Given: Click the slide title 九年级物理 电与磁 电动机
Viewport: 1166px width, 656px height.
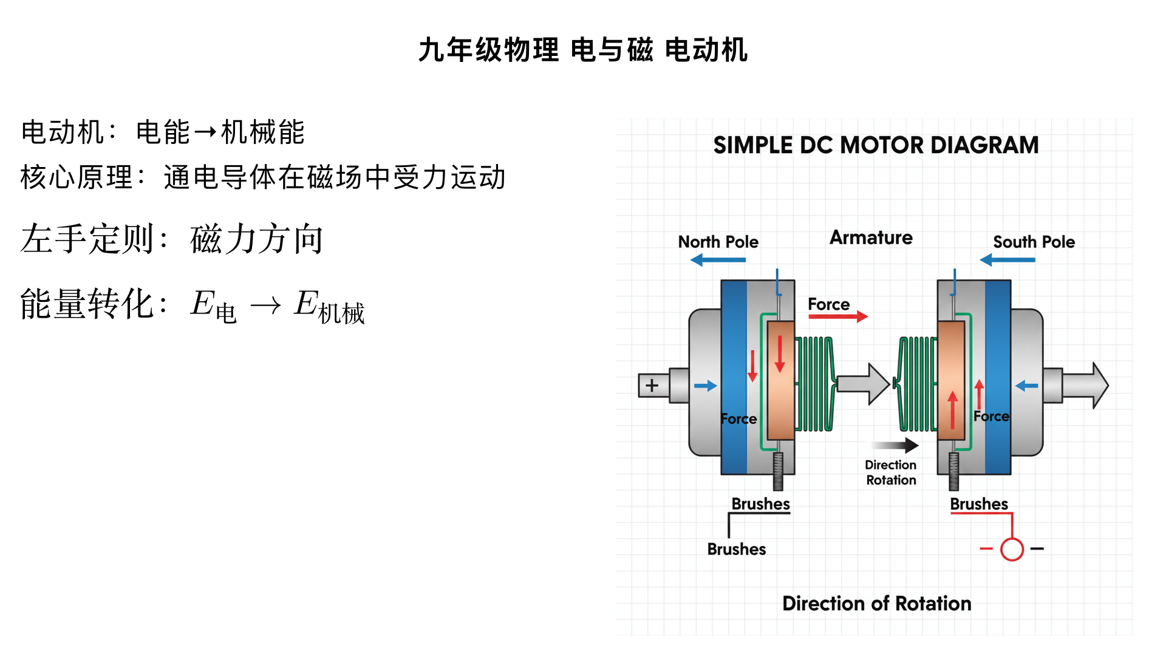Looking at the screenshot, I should point(583,50).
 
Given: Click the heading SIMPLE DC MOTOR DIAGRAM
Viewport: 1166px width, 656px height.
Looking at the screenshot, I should point(875,145).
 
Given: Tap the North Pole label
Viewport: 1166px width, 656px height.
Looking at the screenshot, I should point(718,242).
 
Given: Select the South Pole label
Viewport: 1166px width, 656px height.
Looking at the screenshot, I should point(1034,242).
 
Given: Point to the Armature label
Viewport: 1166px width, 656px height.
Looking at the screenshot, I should point(871,237).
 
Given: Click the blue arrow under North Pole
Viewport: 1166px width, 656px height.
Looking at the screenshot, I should point(718,260).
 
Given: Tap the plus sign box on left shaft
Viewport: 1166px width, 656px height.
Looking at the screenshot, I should point(652,385).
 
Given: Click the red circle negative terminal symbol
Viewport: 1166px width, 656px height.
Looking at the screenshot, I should point(1012,549).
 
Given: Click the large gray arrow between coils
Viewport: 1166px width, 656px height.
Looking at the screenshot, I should point(862,384).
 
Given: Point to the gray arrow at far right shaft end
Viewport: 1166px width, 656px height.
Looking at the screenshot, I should point(1086,385).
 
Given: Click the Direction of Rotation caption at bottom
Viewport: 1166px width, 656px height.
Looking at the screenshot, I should point(876,603).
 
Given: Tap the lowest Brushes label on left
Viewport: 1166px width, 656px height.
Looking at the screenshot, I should point(736,549).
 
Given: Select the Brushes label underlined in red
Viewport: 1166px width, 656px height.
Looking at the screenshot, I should point(978,504).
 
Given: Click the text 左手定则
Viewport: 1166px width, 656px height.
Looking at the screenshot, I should point(88,239).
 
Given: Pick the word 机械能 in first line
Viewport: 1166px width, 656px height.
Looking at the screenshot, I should point(262,132).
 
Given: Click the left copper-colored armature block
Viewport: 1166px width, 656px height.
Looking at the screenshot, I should point(780,380).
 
